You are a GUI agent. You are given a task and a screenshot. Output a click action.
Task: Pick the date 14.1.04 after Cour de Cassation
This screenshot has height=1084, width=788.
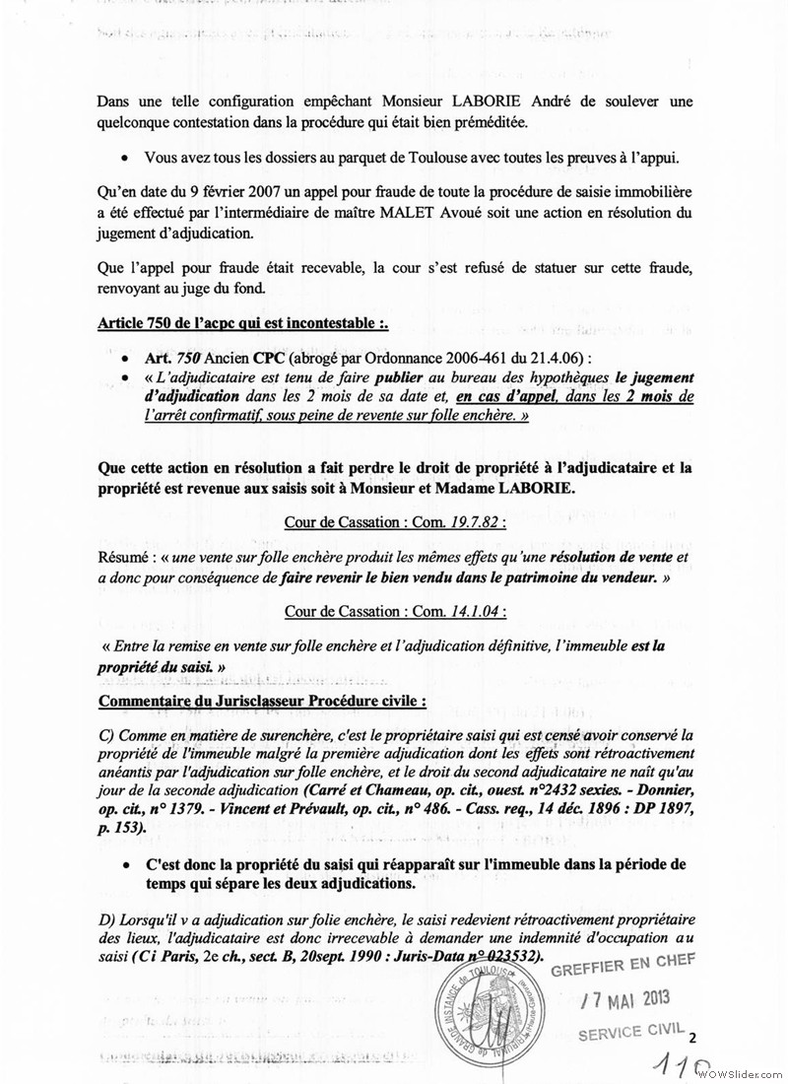[x=475, y=611]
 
